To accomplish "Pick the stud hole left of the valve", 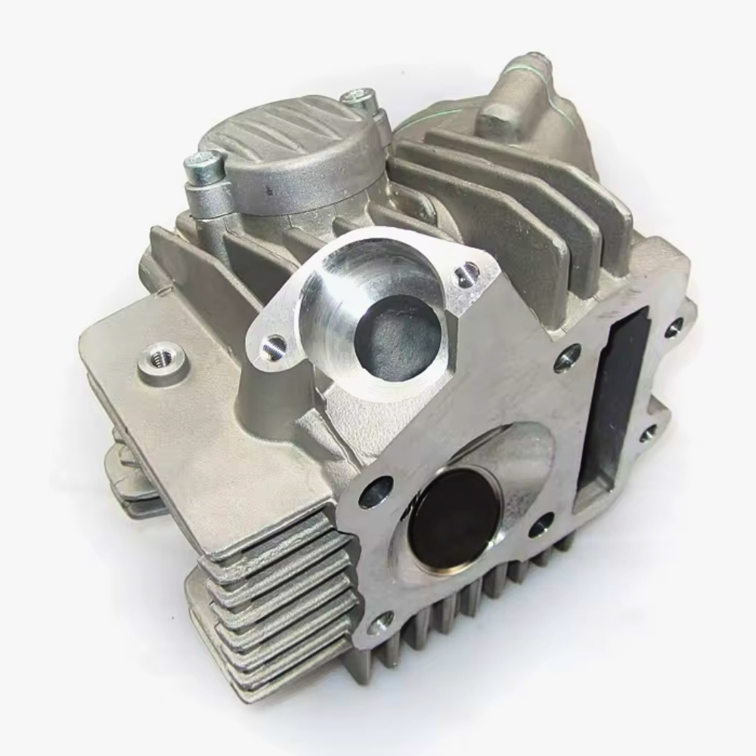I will click(x=376, y=492).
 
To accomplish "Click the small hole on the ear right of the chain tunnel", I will click(x=649, y=433).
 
